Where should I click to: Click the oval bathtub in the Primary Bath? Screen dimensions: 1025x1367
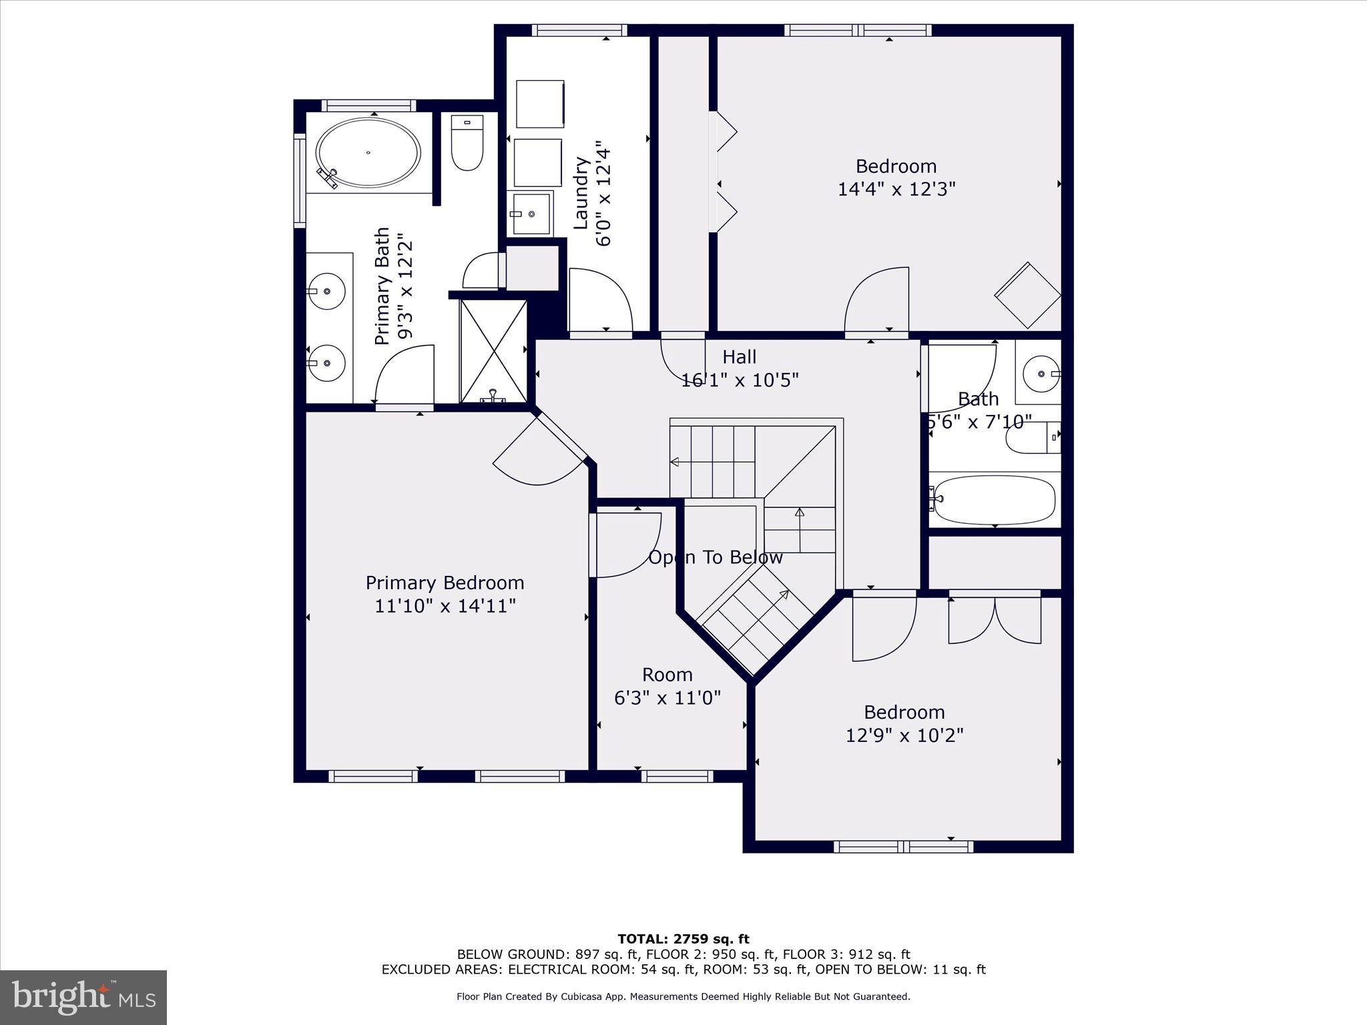[x=368, y=153]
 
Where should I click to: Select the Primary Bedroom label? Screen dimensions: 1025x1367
[x=445, y=583]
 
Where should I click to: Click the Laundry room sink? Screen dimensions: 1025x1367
[x=530, y=214]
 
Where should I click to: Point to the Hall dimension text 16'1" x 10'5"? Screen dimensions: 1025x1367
[x=740, y=380]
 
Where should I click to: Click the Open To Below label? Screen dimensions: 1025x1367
[x=716, y=557]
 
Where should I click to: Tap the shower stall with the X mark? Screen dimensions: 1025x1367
[x=493, y=351]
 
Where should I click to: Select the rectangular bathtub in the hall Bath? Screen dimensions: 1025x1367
[x=994, y=500]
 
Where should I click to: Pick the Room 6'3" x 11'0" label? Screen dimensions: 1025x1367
[x=667, y=686]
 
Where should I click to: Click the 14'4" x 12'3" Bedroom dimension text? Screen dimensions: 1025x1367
[x=896, y=190]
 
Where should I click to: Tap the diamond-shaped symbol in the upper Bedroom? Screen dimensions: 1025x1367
[x=1027, y=295]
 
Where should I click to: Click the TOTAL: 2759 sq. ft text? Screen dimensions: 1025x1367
[x=683, y=939]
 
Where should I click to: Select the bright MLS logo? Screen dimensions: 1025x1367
[x=83, y=997]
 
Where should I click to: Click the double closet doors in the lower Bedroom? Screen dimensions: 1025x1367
[x=995, y=621]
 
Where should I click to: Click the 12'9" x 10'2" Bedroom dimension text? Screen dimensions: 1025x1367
[x=904, y=735]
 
